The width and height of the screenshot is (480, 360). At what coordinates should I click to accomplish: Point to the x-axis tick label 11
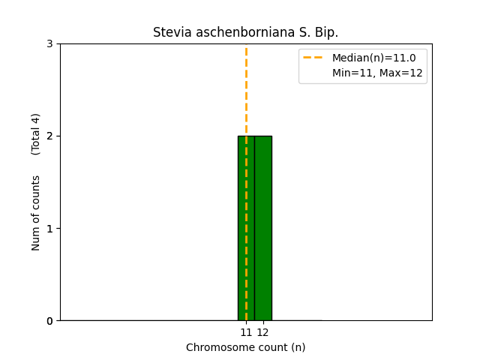coord(246,332)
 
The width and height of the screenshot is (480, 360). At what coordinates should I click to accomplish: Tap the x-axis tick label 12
coord(262,332)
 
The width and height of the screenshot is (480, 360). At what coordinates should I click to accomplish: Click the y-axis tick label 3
coord(49,43)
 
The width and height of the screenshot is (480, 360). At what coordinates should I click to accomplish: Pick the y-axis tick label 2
coord(49,136)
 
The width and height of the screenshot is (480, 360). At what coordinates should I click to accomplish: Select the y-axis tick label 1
coord(49,228)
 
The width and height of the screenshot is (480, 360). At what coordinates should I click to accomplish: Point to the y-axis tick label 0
coord(49,321)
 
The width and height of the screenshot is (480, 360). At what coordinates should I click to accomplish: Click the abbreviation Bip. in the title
coord(327,33)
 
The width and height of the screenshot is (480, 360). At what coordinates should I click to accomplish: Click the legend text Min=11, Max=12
coord(377,73)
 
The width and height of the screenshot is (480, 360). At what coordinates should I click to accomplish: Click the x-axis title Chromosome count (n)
coord(246,347)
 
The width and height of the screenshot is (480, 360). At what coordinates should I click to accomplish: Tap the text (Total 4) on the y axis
coord(36,134)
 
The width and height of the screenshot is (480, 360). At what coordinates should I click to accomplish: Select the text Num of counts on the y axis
coord(36,213)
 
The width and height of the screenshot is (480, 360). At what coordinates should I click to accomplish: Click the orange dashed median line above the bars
coord(246,90)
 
